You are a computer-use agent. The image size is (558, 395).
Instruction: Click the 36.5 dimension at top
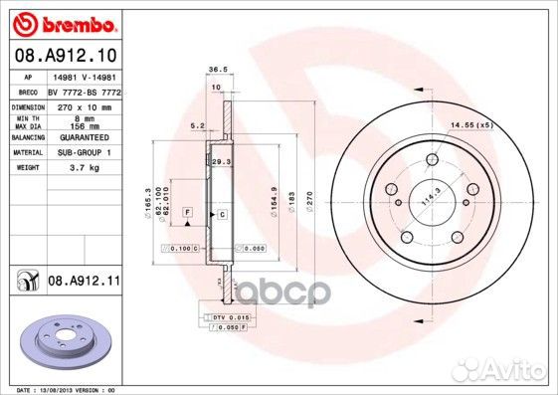(212, 70)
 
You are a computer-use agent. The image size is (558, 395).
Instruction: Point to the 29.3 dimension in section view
(221, 160)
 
